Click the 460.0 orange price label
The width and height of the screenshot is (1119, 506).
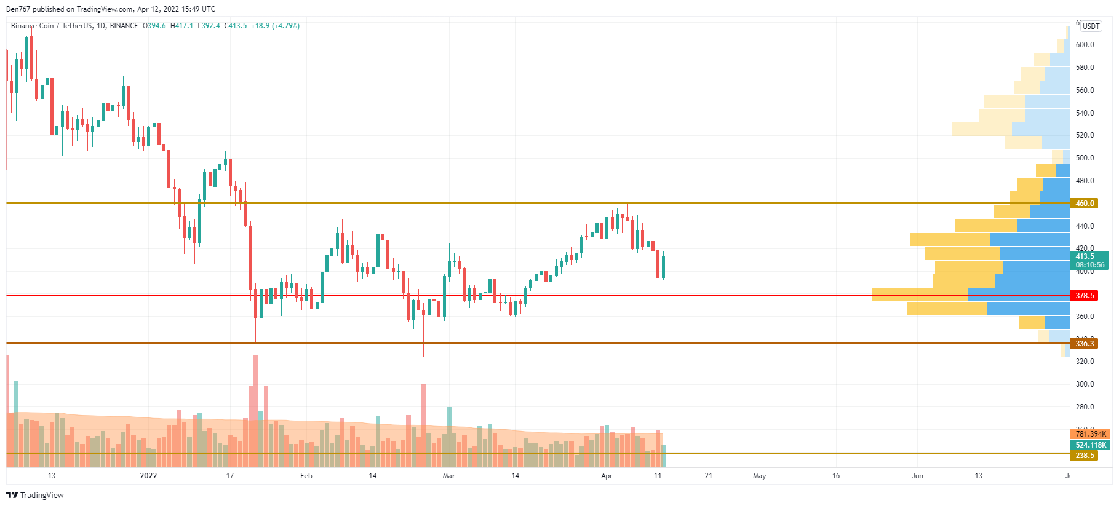click(x=1085, y=204)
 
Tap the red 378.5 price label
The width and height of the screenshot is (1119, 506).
click(x=1085, y=296)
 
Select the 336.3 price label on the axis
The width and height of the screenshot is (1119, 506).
click(x=1085, y=344)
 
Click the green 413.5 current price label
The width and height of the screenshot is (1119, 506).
click(x=1085, y=256)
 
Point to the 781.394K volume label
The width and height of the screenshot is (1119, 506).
click(x=1090, y=434)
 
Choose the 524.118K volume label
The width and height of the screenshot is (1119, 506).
click(x=1090, y=445)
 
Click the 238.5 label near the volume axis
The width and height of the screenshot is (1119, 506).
click(x=1085, y=456)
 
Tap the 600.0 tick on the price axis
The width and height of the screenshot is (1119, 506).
click(x=1085, y=45)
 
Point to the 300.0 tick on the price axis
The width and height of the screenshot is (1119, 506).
click(x=1085, y=384)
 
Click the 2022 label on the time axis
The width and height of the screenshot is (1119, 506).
click(x=148, y=476)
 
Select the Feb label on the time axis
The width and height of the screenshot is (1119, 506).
click(x=306, y=476)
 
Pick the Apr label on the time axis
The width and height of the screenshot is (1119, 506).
click(x=607, y=476)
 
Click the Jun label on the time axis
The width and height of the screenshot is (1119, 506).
click(x=917, y=476)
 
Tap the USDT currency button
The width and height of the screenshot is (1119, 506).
click(x=1091, y=26)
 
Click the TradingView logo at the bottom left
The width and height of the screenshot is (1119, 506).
click(x=35, y=495)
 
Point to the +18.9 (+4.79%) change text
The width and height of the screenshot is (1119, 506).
click(x=275, y=26)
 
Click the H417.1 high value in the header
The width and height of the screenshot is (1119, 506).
click(x=181, y=26)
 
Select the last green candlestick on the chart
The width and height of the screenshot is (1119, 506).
click(x=663, y=267)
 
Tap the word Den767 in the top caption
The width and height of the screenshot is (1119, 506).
click(x=18, y=9)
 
